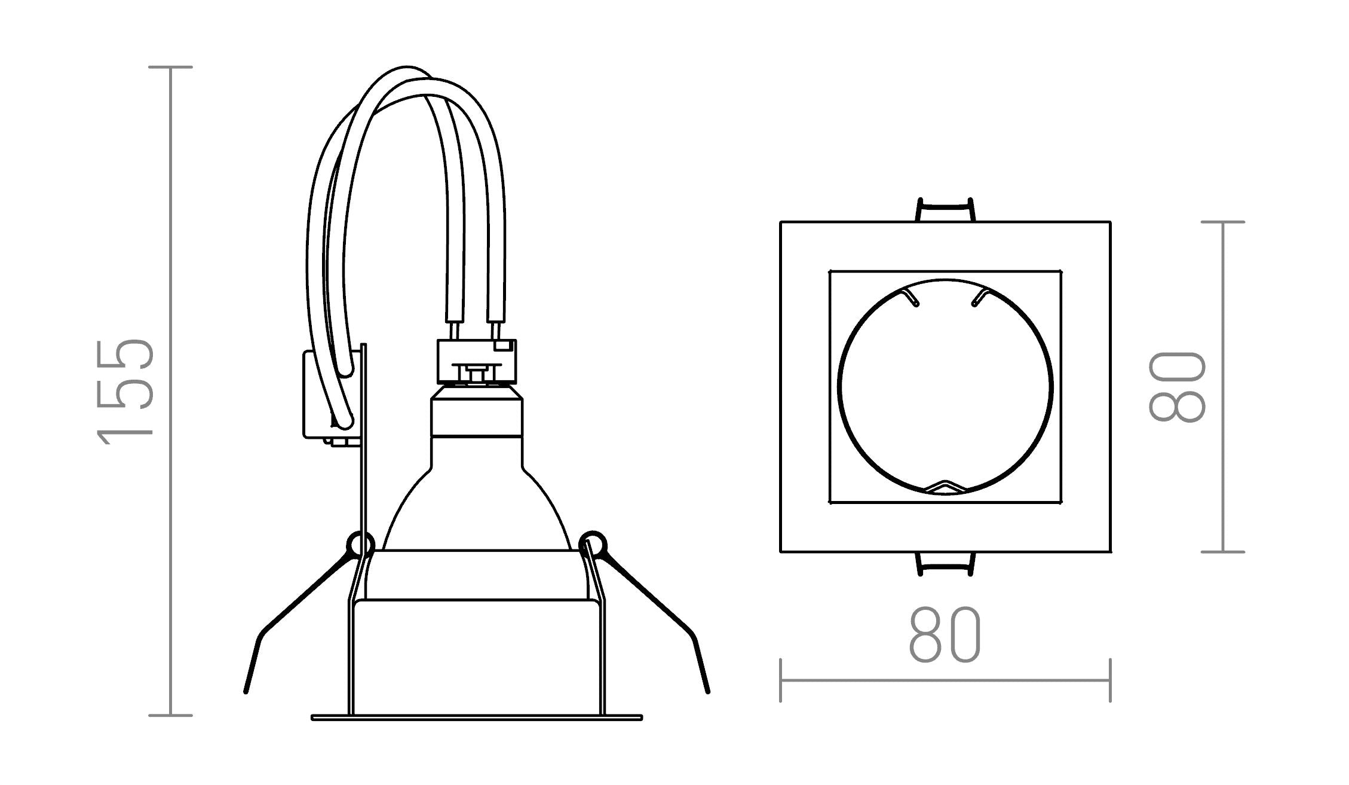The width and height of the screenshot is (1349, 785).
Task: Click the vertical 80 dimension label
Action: (x=1176, y=387)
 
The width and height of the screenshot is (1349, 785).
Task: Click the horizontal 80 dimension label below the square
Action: (x=945, y=634)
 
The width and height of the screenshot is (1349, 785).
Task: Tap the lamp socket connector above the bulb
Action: (x=477, y=362)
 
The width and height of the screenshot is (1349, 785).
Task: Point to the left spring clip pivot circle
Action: (x=360, y=544)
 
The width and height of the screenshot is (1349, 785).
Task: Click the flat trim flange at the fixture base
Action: (x=476, y=717)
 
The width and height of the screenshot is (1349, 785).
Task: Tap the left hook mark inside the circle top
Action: (x=911, y=297)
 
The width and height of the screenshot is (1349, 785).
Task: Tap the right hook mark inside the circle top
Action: (x=979, y=297)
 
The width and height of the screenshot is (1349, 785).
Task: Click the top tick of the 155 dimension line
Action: (x=170, y=67)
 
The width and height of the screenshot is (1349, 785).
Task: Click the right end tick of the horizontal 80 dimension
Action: (x=1109, y=680)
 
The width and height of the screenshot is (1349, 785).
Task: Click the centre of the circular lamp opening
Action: (x=945, y=387)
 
